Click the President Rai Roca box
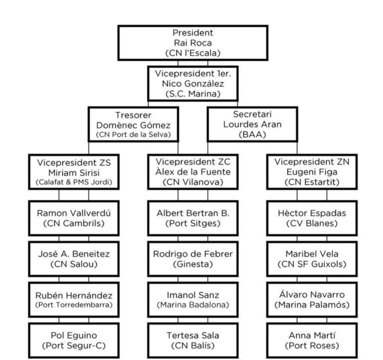(x=192, y=43)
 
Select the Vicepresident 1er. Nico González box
(x=192, y=84)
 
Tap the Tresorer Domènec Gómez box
(x=133, y=124)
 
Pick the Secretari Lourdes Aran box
(x=252, y=124)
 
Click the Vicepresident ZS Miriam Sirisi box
(x=74, y=172)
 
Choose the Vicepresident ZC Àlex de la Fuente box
(x=192, y=172)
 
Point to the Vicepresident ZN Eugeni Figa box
(x=312, y=172)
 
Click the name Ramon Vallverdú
(x=74, y=213)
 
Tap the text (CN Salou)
(x=74, y=264)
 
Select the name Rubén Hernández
(x=74, y=296)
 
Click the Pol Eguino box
(x=74, y=341)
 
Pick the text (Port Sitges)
(x=192, y=223)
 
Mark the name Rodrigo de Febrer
(x=192, y=254)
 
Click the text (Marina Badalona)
(x=192, y=305)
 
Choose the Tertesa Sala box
(x=192, y=341)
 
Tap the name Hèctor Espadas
(x=312, y=213)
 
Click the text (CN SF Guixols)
(x=312, y=264)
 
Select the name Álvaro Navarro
(x=312, y=295)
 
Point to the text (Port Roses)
(x=312, y=346)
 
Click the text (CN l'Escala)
(x=192, y=53)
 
